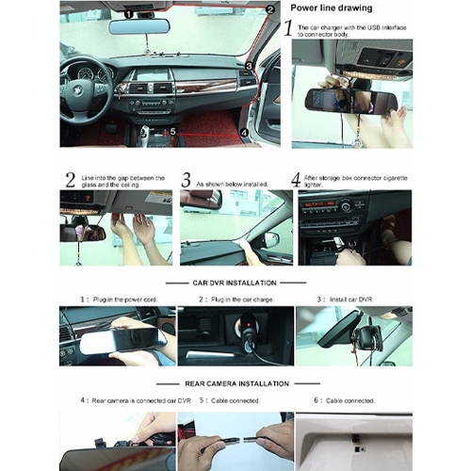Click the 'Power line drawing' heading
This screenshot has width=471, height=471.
pyautogui.click(x=330, y=8)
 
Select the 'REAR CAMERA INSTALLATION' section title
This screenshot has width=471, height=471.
pyautogui.click(x=235, y=383)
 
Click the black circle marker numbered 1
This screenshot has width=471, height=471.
pyautogui.click(x=129, y=14)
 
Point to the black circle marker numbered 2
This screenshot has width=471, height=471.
pyautogui.click(x=269, y=9)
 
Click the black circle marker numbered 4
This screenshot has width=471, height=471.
pyautogui.click(x=244, y=133)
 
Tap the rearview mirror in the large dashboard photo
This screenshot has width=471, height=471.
pyautogui.click(x=138, y=26)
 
